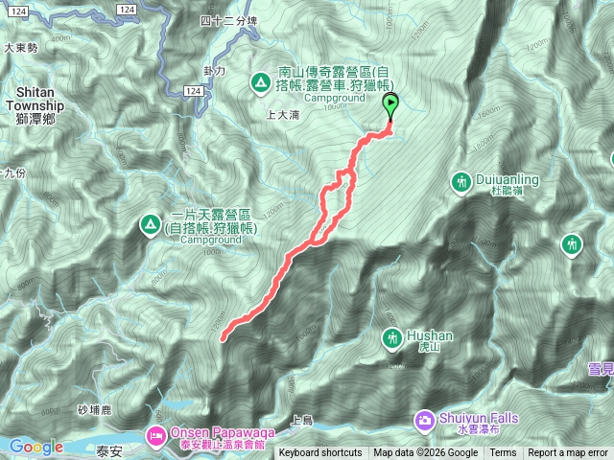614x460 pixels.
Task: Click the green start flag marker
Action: point(390,106)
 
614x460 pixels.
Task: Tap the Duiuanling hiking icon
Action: point(461,181)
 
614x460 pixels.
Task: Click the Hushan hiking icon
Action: point(392,337)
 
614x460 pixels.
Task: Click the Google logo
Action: point(35,447)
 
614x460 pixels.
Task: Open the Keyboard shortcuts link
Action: point(320,453)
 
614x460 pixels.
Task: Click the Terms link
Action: point(503,453)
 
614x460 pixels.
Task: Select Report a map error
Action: point(568,453)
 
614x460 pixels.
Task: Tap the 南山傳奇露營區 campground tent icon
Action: point(259,82)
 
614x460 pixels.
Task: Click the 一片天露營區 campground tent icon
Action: point(150,226)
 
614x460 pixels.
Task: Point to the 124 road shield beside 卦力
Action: point(193,90)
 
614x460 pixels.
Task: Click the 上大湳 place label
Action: point(282,115)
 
